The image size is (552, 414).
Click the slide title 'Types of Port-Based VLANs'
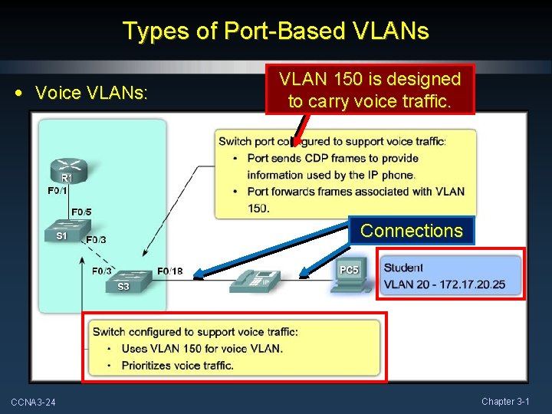tap(276, 31)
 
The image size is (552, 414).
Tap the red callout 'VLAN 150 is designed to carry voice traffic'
tap(370, 89)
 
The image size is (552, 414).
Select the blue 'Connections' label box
tap(411, 231)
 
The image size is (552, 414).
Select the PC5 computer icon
tap(349, 277)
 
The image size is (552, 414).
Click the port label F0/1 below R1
tap(58, 191)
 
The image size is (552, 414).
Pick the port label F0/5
tap(81, 212)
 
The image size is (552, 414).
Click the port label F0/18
tap(170, 271)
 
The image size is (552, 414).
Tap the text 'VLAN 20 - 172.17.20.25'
tap(444, 284)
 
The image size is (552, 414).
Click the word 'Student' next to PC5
tap(403, 268)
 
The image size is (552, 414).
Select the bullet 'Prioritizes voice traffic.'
tap(177, 365)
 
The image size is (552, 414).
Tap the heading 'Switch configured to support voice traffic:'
tap(195, 332)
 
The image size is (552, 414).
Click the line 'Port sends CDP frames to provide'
tap(333, 158)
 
